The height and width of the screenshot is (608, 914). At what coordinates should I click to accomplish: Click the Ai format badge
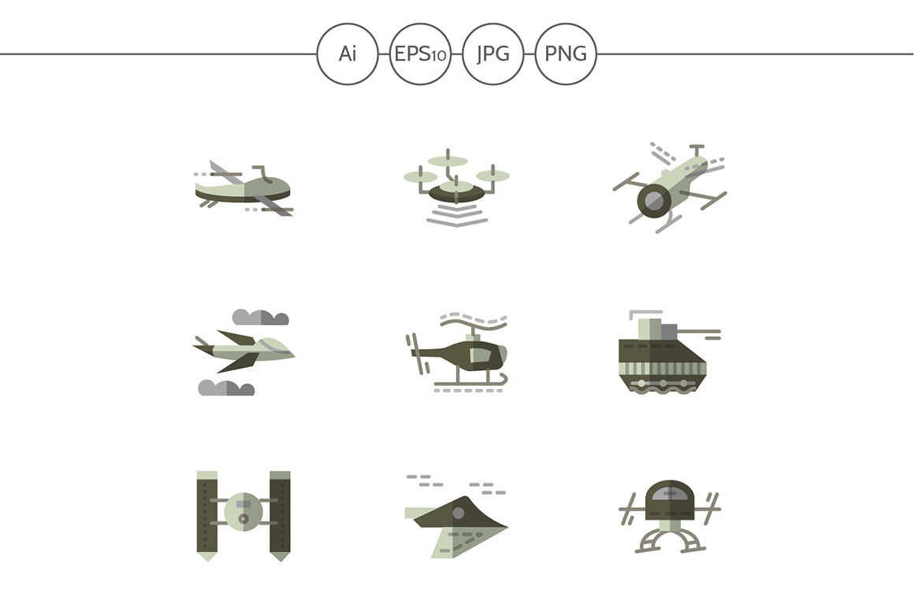coord(347,54)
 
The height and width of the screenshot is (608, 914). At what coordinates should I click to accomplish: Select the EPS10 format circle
coord(420,54)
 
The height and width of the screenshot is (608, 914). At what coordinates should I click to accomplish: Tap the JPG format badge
coord(492,54)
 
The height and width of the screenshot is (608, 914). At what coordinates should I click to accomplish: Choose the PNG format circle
coord(566,54)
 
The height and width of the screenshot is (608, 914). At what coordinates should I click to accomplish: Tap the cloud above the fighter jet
coord(261,317)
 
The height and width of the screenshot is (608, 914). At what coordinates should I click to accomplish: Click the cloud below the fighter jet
coord(226,387)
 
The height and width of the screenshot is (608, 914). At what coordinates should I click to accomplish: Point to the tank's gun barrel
coord(700,332)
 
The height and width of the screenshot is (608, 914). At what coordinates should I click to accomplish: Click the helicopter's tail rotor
coord(418,353)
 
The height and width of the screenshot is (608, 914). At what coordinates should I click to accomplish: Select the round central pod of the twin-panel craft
coord(243,511)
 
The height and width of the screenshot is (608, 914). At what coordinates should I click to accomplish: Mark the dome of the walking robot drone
coord(671,500)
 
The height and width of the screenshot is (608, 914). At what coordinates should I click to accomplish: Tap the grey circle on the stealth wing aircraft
coord(459,513)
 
